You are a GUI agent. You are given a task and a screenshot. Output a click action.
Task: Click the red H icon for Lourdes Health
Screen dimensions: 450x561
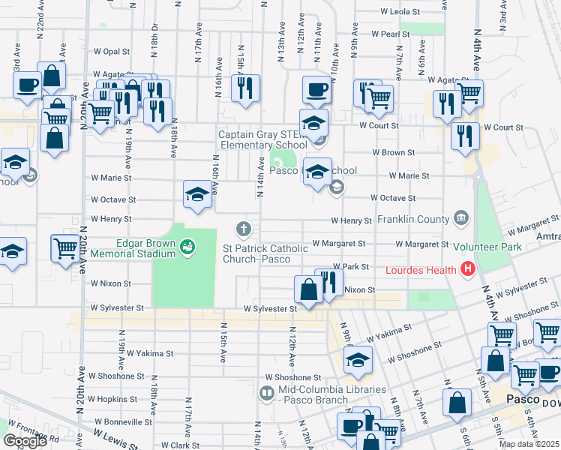[469, 268]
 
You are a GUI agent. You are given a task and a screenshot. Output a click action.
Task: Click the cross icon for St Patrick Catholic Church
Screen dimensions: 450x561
[242, 228]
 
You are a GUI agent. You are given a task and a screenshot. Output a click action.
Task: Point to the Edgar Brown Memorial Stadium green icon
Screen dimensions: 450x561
[187, 245]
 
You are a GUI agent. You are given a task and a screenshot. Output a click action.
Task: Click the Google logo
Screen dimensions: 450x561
[25, 440]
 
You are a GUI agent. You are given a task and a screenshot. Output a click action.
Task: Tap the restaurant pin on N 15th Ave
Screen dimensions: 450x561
[245, 88]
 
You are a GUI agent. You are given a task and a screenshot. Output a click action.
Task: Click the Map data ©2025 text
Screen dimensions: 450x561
[529, 444]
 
